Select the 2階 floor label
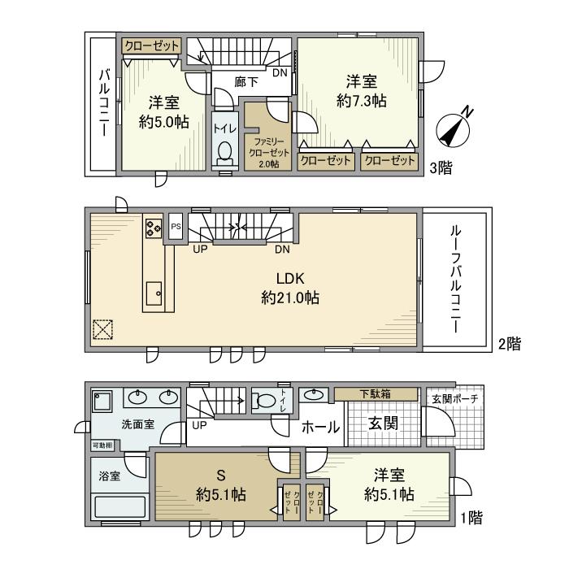tap(510, 344)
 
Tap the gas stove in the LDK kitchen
tap(154, 227)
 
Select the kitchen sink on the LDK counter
tap(154, 291)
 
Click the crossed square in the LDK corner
tap(103, 329)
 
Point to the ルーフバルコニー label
tap(456, 276)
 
